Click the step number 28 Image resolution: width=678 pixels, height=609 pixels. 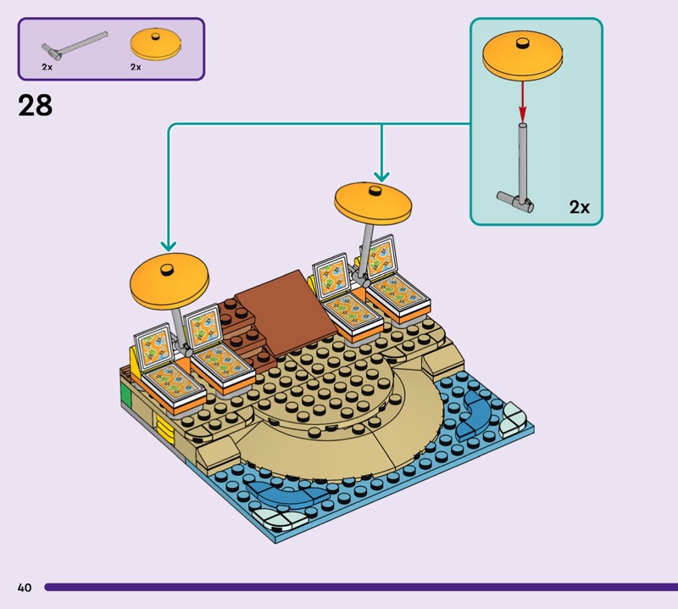point(35,106)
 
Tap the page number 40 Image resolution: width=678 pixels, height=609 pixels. point(24,587)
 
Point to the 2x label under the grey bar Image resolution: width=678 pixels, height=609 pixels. point(47,66)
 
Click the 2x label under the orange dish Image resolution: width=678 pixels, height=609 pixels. point(136,66)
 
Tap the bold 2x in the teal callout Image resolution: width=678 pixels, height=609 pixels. point(579,206)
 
